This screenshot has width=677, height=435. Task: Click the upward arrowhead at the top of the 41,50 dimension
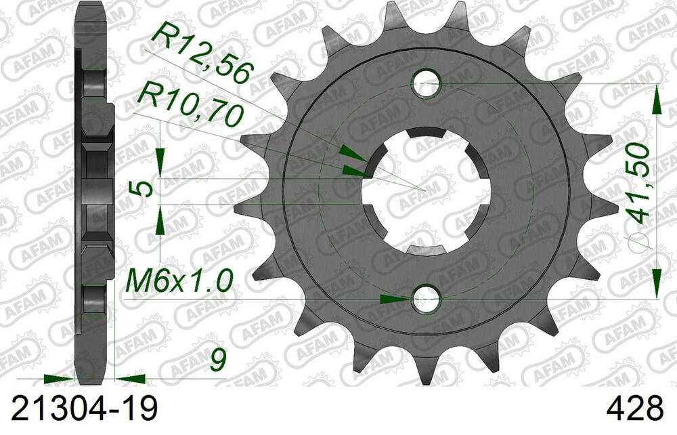[656, 99]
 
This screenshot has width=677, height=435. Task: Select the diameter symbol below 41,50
[640, 247]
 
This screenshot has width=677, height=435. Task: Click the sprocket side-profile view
[93, 190]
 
